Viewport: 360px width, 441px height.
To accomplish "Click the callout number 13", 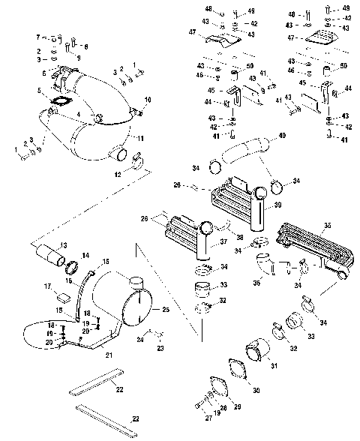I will pyautogui.click(x=64, y=246).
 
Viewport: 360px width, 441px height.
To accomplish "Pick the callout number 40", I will pyautogui.click(x=282, y=136).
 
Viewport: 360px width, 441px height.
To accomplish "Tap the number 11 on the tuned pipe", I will pyautogui.click(x=140, y=139).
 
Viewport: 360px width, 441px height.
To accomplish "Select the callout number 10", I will pyautogui.click(x=148, y=99).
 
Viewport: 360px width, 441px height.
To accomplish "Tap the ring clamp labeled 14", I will pyautogui.click(x=74, y=266).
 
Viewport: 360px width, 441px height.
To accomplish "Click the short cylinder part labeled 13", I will pyautogui.click(x=51, y=256).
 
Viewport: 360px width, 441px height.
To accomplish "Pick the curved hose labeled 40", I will pyautogui.click(x=247, y=154).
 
